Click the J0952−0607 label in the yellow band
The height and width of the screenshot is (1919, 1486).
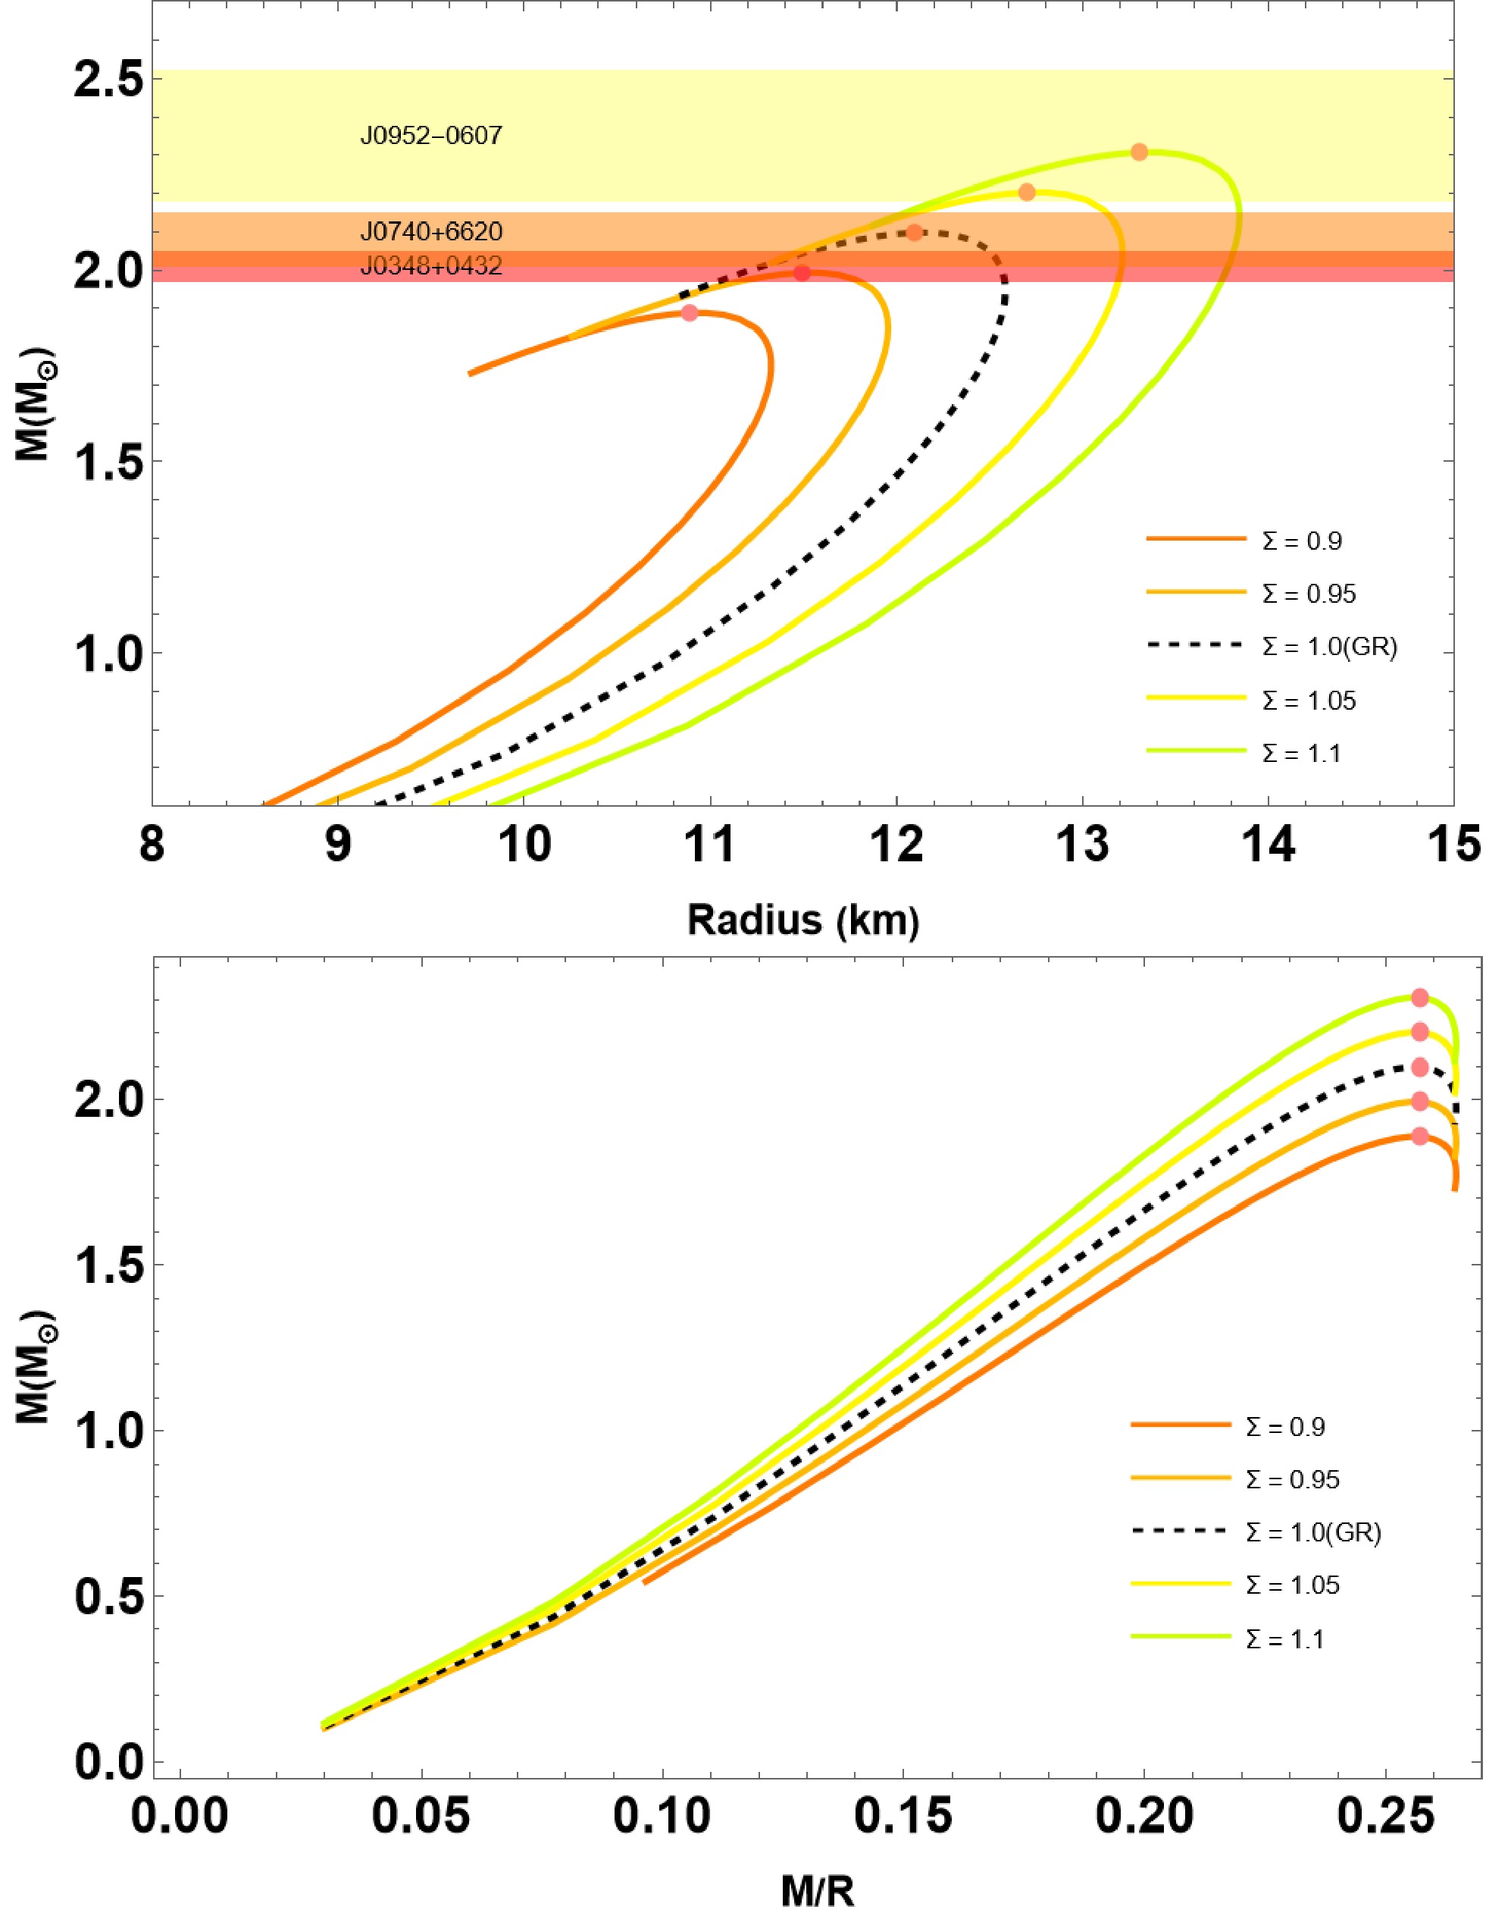430,136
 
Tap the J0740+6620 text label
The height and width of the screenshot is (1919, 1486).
430,232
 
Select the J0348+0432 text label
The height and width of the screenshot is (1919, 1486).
430,266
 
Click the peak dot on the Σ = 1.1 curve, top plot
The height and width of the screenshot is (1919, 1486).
1139,152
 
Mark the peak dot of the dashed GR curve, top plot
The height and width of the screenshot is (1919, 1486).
915,233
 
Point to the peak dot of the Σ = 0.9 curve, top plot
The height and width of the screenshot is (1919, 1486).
690,313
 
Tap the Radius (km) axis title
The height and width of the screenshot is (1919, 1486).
802,921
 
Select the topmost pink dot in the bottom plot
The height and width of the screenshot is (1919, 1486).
1419,998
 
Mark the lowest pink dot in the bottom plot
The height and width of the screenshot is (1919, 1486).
1420,1136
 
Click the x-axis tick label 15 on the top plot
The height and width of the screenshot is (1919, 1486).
1453,845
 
